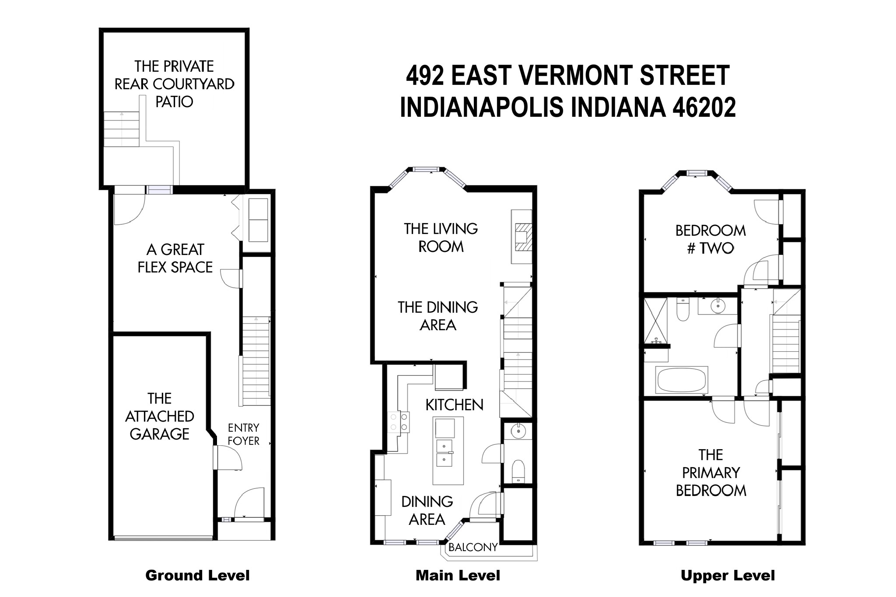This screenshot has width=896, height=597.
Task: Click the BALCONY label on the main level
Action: [x=473, y=547]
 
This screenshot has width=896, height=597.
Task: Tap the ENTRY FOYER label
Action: [x=243, y=434]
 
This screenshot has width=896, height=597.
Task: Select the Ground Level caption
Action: [x=197, y=576]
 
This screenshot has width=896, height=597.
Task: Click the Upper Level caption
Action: [x=728, y=576]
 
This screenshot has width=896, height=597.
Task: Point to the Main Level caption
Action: [x=458, y=576]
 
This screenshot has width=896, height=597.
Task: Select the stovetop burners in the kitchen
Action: [x=399, y=422]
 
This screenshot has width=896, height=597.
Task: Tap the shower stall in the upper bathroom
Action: [x=655, y=320]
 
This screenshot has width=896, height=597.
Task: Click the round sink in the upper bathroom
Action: [x=718, y=306]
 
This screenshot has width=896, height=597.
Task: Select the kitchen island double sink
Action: [x=444, y=453]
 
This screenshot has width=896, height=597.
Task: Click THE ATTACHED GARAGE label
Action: [x=159, y=416]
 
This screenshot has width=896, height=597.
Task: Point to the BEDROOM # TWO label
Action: [x=710, y=239]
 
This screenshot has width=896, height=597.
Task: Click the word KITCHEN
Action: [x=454, y=405]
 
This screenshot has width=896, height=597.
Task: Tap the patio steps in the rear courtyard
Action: [x=121, y=129]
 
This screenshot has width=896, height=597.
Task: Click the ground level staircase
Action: [x=256, y=361]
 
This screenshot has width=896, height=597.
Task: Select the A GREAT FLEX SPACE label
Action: [x=175, y=258]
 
